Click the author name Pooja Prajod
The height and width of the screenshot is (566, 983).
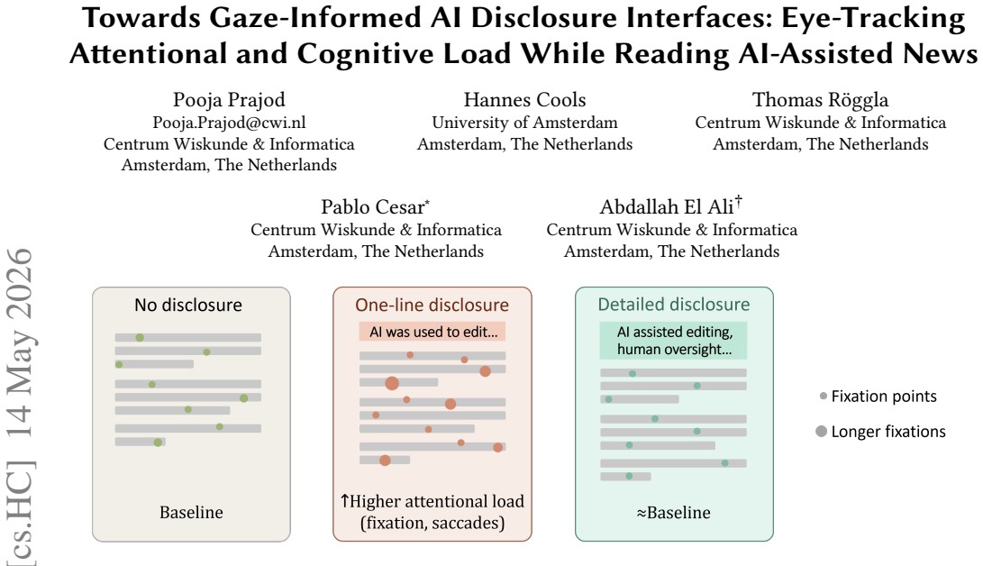(x=229, y=100)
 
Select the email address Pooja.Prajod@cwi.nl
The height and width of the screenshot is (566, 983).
(x=229, y=123)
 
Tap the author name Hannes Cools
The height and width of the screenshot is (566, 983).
(x=524, y=100)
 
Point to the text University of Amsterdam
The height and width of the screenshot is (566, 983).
(x=524, y=123)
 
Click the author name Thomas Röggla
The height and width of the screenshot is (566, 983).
(x=820, y=100)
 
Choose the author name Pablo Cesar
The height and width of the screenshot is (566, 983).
(x=374, y=207)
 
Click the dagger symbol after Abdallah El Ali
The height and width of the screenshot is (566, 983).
(x=739, y=201)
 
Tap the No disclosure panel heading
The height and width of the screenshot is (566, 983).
(x=188, y=305)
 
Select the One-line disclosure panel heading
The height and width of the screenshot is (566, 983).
(x=432, y=305)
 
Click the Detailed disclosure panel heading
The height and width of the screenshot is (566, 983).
(x=674, y=304)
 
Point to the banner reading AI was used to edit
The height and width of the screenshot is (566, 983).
(x=432, y=332)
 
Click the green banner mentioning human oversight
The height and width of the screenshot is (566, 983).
(x=673, y=341)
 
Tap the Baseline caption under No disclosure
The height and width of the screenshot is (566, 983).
(x=191, y=512)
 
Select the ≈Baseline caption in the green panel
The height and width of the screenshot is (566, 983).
(x=674, y=512)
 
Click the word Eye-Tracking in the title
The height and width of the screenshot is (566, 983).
(x=873, y=18)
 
